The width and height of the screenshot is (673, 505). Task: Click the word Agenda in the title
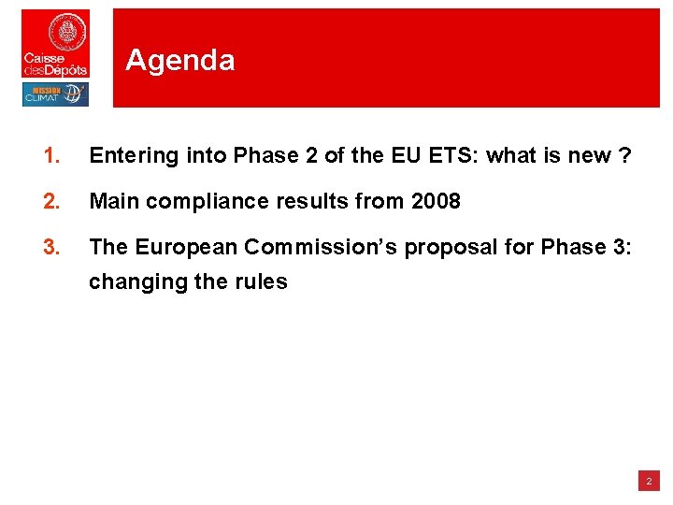click(x=179, y=61)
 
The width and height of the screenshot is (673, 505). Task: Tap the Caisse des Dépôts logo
click(x=55, y=43)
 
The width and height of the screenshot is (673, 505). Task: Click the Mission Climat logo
click(x=55, y=94)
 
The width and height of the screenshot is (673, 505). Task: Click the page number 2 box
click(x=648, y=482)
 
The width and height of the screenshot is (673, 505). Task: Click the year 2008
click(x=436, y=201)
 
